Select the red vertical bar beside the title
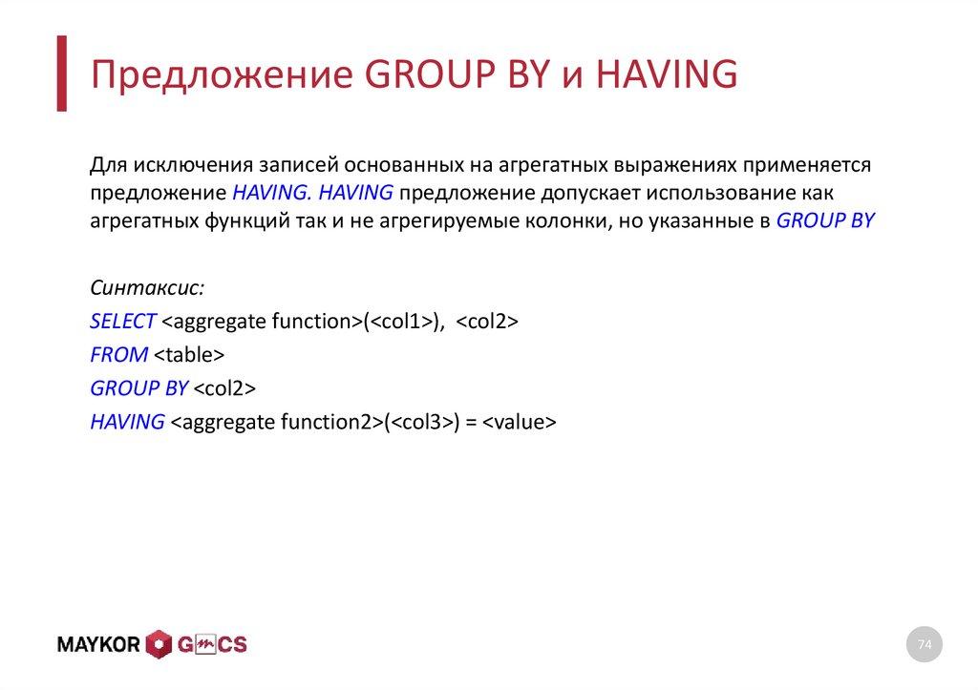click(x=62, y=73)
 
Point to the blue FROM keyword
click(x=118, y=355)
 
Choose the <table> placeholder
click(x=188, y=355)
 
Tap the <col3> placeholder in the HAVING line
click(x=419, y=422)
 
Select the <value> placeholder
click(x=519, y=422)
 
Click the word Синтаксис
click(x=147, y=288)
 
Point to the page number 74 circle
click(x=924, y=646)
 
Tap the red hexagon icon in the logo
click(x=158, y=645)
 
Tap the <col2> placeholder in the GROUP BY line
click(x=225, y=388)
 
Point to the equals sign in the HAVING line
click(x=471, y=422)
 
